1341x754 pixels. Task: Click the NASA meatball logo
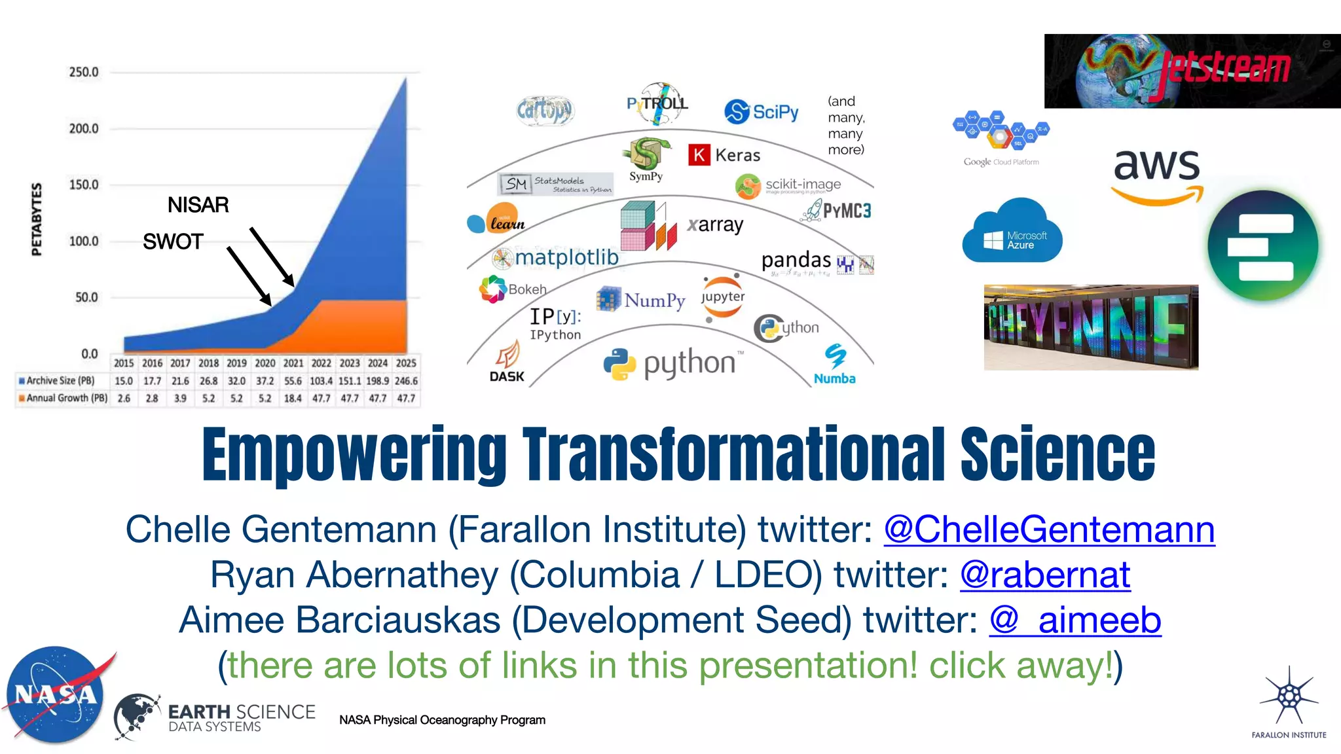tap(56, 695)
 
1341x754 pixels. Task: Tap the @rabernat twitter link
tap(1045, 575)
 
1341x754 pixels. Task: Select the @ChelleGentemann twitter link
tap(1049, 530)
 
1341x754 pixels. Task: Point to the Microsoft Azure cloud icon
tap(1012, 232)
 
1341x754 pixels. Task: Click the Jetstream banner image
tap(1192, 71)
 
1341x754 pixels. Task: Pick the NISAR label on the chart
tap(198, 205)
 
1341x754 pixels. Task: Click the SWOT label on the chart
tap(173, 242)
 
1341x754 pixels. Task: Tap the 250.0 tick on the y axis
tap(84, 72)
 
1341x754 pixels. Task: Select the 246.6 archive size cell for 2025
tap(406, 381)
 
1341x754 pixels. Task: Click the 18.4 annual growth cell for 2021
tap(293, 398)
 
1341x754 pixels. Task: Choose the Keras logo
tap(724, 155)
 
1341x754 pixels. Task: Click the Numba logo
tap(835, 365)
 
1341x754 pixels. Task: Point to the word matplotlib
tap(566, 257)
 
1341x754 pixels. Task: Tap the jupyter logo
tap(723, 298)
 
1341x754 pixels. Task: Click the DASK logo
tap(507, 363)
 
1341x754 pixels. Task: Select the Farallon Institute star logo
tap(1289, 697)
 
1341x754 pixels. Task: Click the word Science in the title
tap(1057, 455)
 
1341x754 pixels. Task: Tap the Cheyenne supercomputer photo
tap(1091, 327)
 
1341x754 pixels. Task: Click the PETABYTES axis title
tap(37, 219)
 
